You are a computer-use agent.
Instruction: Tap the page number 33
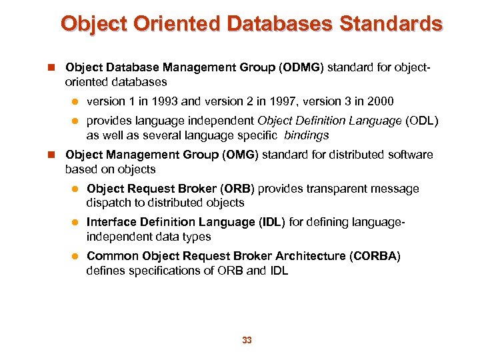[x=247, y=341]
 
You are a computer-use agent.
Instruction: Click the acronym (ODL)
[x=423, y=121]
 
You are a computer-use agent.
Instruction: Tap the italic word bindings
[x=306, y=135]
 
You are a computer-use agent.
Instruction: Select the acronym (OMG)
[x=239, y=155]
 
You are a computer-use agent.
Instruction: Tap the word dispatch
[x=109, y=203]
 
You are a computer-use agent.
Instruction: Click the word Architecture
[x=313, y=256]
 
